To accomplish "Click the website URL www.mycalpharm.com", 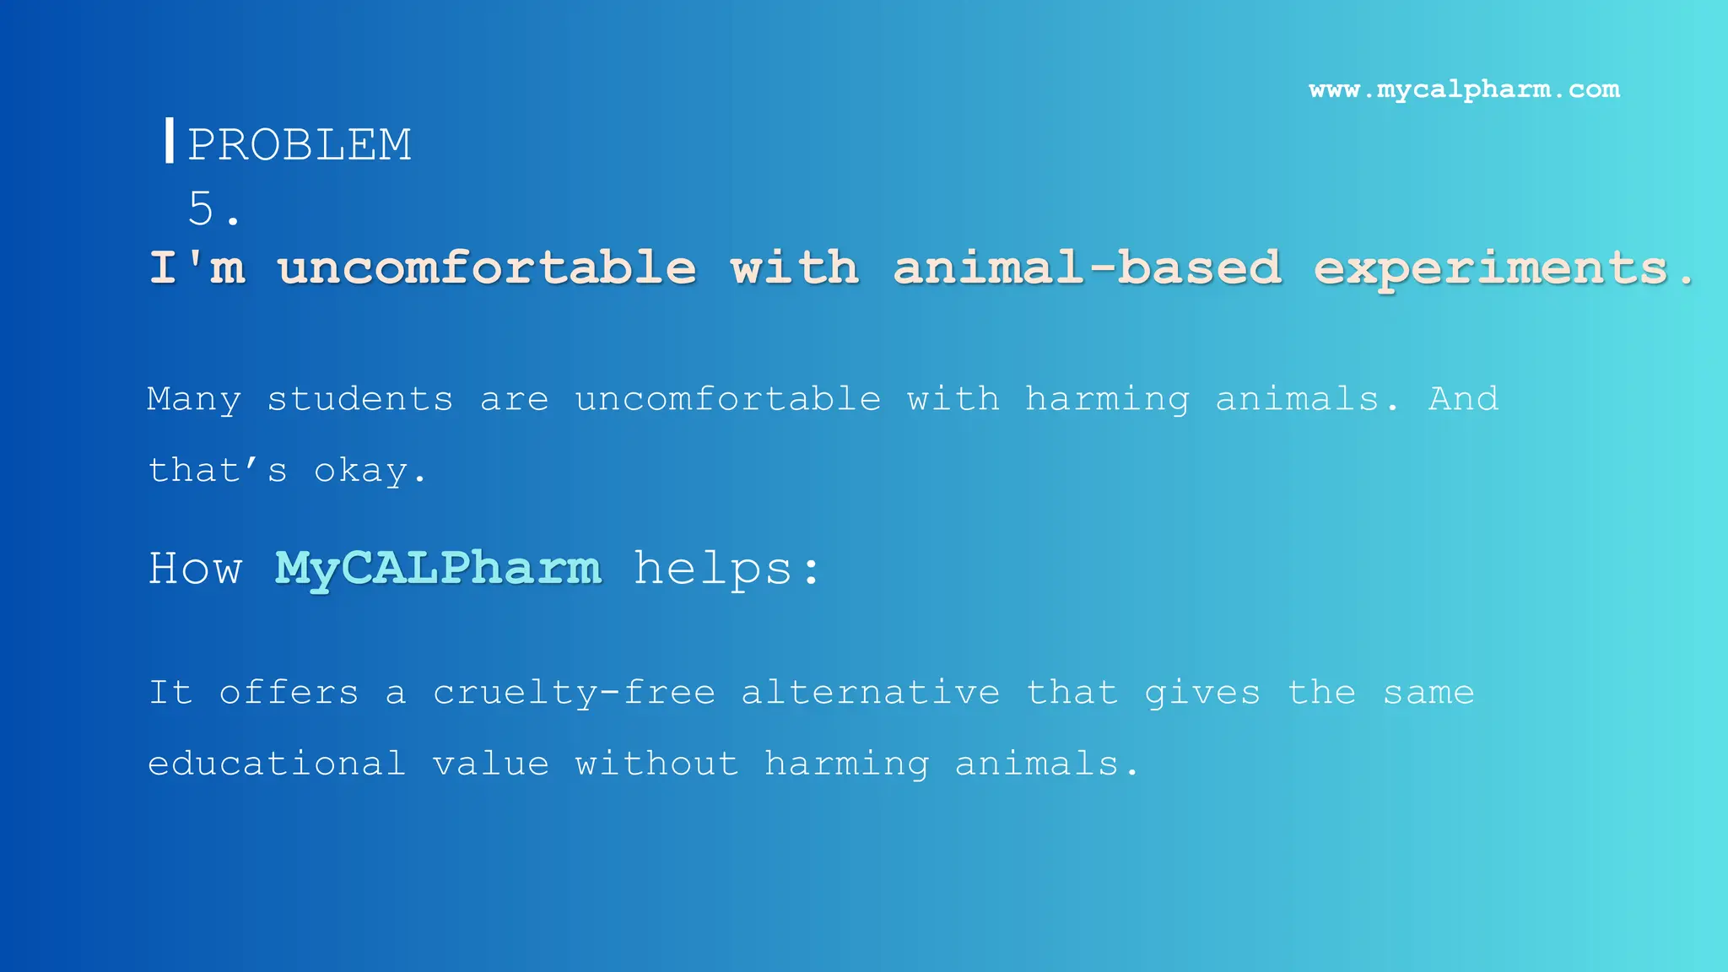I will coord(1464,89).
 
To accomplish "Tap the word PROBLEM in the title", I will coord(300,144).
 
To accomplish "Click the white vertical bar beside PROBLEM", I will coord(170,140).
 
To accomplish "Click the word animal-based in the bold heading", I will coord(1087,267).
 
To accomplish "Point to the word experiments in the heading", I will coord(1491,269).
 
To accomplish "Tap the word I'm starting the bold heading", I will coord(197,267).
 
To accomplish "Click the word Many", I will coord(194,399).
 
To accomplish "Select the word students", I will coord(360,398).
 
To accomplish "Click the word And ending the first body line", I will coord(1463,398).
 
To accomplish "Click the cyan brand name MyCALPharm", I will coord(438,569).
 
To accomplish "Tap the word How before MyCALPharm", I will coord(195,569).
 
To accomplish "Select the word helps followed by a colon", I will coord(713,569).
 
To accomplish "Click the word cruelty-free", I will coord(575,693).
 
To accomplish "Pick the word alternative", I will coord(870,693).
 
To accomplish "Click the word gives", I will coord(1201,694).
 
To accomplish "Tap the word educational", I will coord(277,764).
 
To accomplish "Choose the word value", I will coord(490,764).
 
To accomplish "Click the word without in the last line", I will coord(656,764).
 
